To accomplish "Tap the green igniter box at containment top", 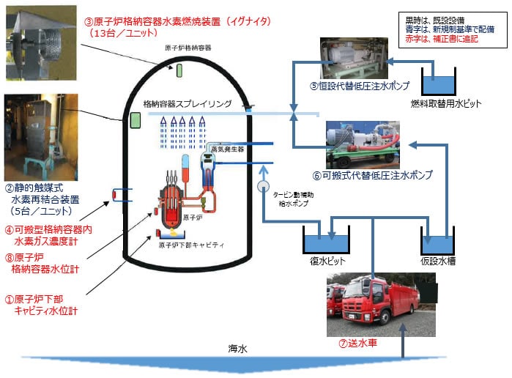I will (x=178, y=70).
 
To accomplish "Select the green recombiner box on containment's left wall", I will (x=136, y=119).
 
